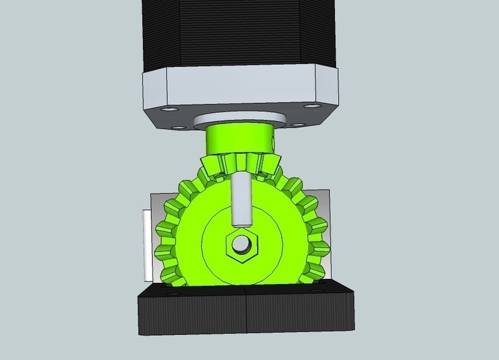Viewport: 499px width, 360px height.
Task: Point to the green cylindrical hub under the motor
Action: click(240, 140)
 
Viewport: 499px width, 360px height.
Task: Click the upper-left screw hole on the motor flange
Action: click(167, 110)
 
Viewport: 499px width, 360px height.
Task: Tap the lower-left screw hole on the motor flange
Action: click(177, 127)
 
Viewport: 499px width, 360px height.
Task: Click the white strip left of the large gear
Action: click(145, 246)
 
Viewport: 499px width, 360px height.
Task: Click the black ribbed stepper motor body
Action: click(240, 34)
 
